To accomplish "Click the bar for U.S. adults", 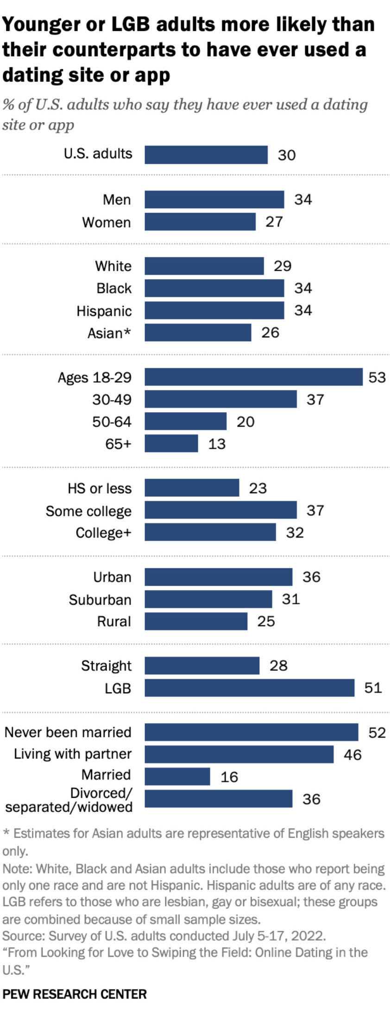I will [206, 155].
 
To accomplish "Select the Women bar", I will [200, 222].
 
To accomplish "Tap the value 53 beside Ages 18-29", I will [377, 377].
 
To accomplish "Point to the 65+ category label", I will [118, 444].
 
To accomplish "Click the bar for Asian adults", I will [198, 332].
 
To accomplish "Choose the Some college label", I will [88, 511].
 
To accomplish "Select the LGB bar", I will [249, 688].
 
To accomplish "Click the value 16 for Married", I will [229, 777].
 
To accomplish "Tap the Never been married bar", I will [251, 732].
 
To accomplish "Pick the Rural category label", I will [114, 621].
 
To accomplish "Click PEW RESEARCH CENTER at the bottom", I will [74, 994].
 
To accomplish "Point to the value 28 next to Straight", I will [278, 665].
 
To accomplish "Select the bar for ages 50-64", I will [185, 421].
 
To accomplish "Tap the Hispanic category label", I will [104, 311].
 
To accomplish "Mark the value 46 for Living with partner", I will [352, 755].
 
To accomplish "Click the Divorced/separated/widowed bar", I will [218, 799].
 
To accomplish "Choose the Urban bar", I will [218, 577].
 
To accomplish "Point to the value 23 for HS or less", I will [258, 488].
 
